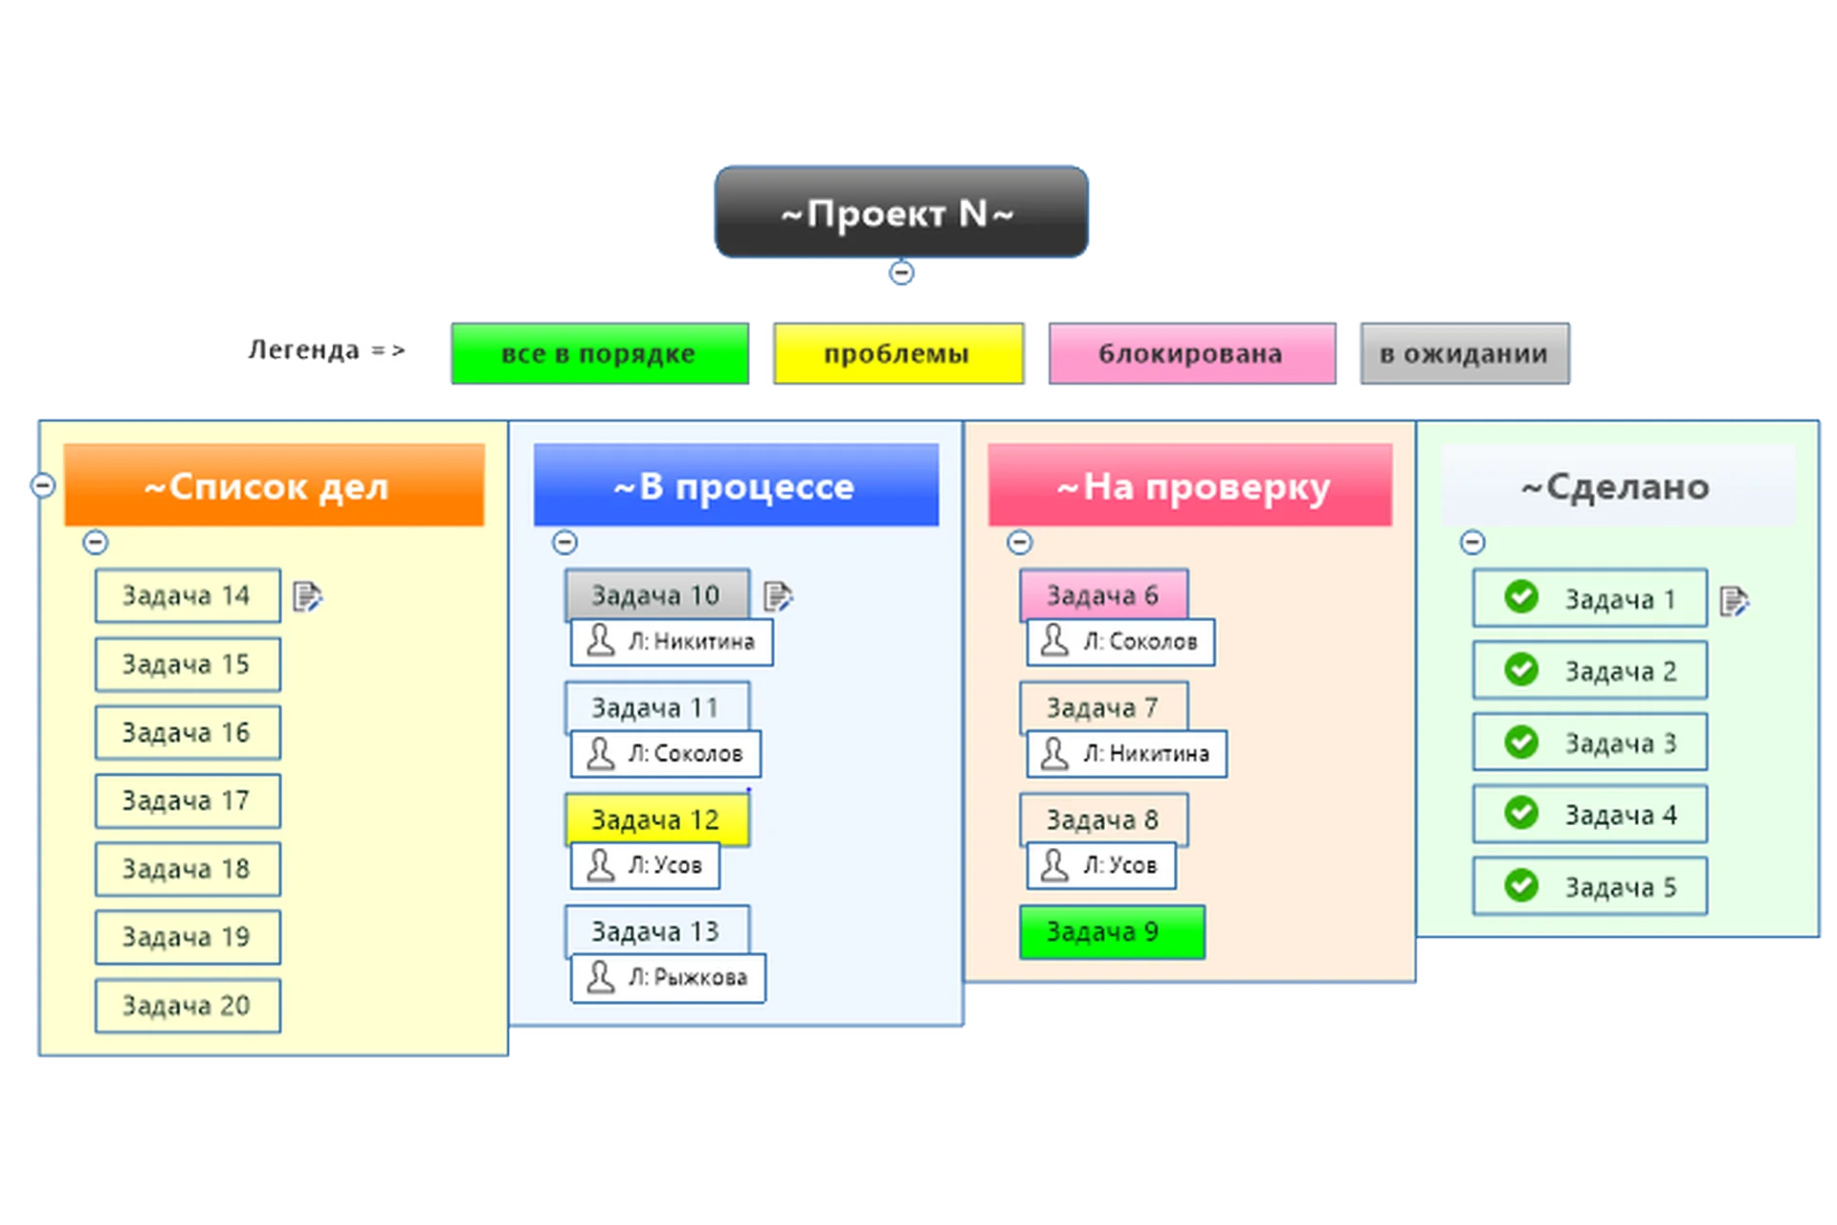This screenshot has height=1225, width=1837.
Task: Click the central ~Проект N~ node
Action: click(900, 212)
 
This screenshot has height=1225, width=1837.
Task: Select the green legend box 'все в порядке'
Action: click(599, 353)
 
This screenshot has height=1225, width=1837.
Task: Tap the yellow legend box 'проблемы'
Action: click(897, 353)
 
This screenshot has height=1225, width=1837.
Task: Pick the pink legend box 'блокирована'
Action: click(1191, 353)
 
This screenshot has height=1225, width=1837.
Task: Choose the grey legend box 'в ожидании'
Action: click(1464, 353)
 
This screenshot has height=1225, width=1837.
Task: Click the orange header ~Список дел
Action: click(274, 485)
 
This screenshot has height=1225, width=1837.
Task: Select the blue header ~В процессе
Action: click(735, 485)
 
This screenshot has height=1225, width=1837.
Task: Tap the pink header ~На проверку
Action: click(1189, 485)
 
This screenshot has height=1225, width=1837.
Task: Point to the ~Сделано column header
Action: click(1616, 485)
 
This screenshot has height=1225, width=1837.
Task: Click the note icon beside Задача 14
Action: click(307, 597)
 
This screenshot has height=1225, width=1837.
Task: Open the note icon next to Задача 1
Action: click(1734, 601)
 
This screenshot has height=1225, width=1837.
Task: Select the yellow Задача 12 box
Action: click(656, 819)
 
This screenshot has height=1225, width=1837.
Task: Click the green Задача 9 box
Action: click(1111, 931)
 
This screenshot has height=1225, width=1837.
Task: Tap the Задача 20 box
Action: click(188, 1005)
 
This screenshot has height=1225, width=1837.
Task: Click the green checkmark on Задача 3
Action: click(1520, 742)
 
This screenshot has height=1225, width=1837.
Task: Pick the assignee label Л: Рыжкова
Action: click(668, 977)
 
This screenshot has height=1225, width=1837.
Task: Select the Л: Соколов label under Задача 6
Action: click(1121, 641)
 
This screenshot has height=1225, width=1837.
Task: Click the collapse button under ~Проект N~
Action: click(901, 273)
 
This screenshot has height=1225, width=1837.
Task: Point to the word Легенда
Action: click(302, 350)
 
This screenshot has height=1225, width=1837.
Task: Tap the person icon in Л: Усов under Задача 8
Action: click(1053, 864)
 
